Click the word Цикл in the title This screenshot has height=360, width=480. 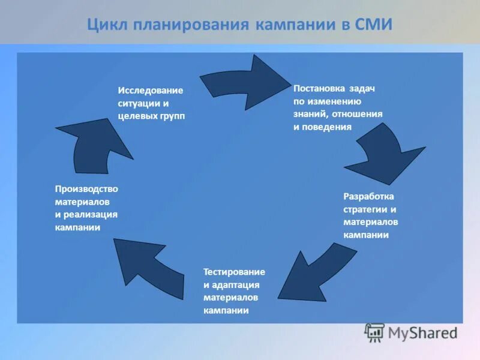(x=109, y=25)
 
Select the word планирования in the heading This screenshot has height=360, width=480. (x=191, y=25)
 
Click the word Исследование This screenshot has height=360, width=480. (x=151, y=90)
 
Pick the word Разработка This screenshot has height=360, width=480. (x=369, y=196)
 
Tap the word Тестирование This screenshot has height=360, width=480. (x=234, y=272)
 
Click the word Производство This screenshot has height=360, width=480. (x=86, y=188)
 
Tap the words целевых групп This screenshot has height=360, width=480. (x=151, y=116)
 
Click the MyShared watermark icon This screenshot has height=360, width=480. (x=375, y=332)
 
